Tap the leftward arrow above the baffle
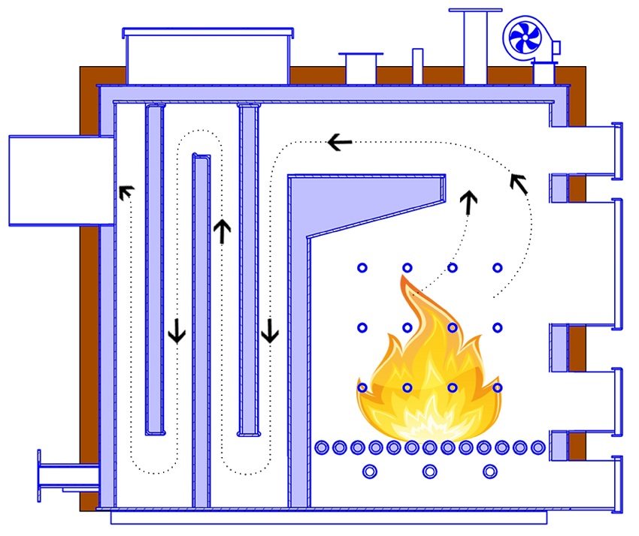point(340,141)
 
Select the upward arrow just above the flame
point(468,202)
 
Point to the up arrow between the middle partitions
point(221,230)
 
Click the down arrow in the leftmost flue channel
point(177,330)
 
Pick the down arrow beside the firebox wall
point(270,330)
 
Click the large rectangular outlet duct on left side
point(60,180)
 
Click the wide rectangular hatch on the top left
point(207,56)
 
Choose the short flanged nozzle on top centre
point(360,67)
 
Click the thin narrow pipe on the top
point(417,66)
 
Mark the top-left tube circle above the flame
point(362,267)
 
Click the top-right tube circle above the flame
point(497,267)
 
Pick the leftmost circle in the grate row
point(322,447)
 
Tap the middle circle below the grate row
point(429,471)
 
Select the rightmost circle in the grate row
point(538,447)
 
